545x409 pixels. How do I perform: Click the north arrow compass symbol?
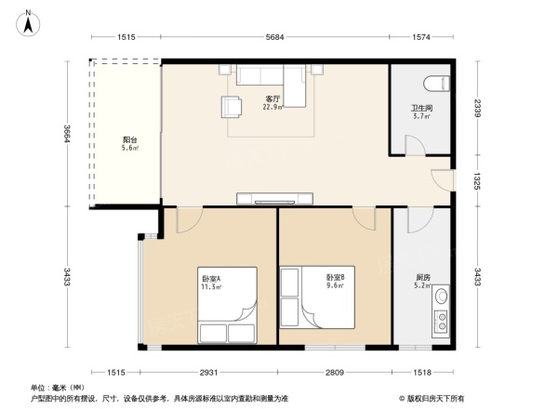[x=29, y=21]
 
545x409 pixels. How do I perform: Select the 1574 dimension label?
[x=424, y=37]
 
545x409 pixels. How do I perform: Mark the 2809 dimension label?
[x=335, y=372]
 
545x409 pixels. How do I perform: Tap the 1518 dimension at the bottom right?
[x=424, y=372]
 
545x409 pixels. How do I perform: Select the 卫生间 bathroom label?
[x=421, y=109]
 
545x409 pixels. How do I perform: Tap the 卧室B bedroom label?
[x=335, y=278]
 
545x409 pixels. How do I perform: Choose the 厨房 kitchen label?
[x=423, y=278]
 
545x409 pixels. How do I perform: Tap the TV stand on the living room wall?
[x=274, y=197]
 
